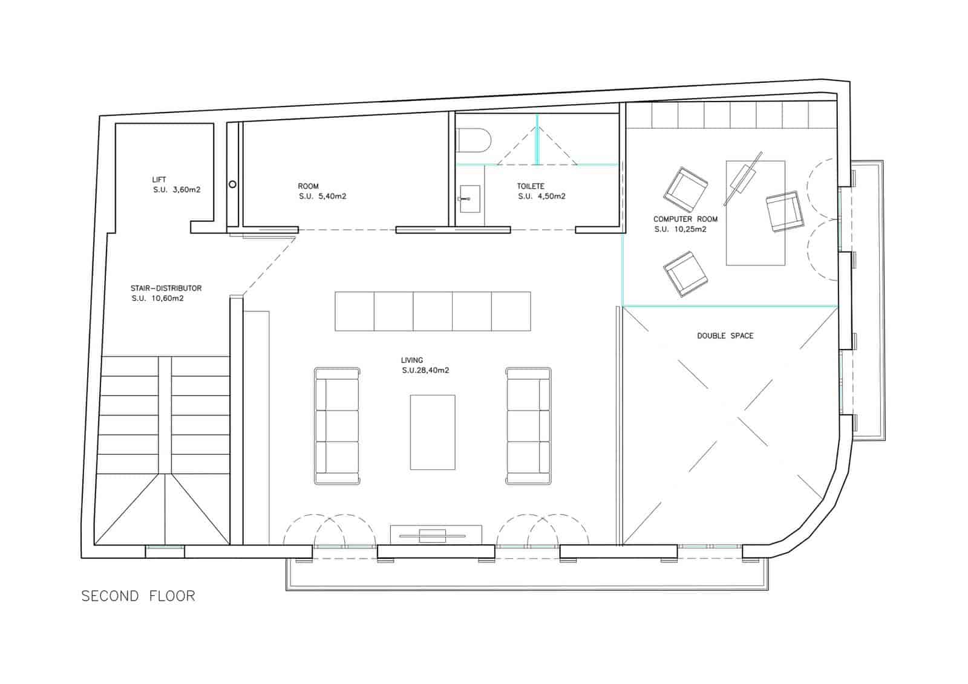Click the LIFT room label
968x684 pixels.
pos(159,180)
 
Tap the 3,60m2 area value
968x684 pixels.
pos(186,190)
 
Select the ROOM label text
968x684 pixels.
pos(308,186)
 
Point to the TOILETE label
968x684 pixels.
pos(531,186)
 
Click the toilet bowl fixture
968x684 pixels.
pos(475,141)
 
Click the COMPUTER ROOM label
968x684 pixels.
pos(685,219)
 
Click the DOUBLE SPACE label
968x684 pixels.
pos(725,336)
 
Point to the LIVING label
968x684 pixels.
pos(412,360)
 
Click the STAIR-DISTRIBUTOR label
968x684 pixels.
pos(166,288)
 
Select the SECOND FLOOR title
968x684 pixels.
pos(139,596)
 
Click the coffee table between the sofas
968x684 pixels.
pos(433,432)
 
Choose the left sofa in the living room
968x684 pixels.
pos(337,426)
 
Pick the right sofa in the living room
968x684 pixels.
pos(528,426)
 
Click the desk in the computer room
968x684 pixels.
pos(756,213)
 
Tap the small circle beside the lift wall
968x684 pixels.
pos(233,184)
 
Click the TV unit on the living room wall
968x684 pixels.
pos(436,534)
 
